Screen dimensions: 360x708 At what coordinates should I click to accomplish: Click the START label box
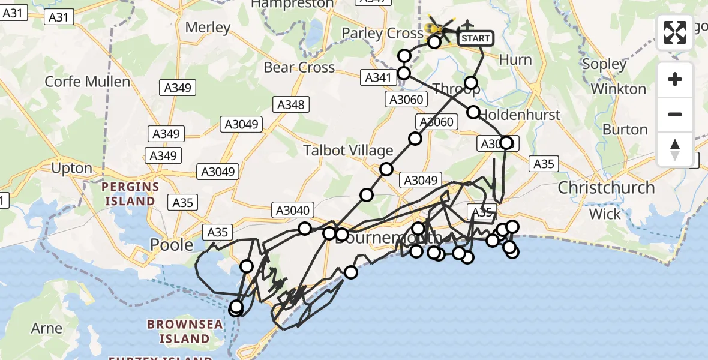click(476, 38)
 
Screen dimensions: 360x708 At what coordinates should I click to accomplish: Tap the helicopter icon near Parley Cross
click(437, 27)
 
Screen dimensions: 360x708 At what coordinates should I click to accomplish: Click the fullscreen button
click(675, 32)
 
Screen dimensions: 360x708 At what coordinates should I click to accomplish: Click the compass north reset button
click(675, 149)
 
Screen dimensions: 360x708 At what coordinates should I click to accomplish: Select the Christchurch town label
click(606, 188)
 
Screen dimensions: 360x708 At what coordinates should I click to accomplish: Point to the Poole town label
click(172, 245)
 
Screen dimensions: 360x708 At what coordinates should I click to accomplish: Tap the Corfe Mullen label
click(88, 82)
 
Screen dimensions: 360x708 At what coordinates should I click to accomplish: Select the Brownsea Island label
click(185, 332)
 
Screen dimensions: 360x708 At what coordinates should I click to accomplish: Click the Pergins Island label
click(130, 194)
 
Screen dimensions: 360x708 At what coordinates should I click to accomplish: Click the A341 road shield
click(379, 77)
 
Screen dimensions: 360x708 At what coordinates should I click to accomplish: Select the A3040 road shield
click(293, 210)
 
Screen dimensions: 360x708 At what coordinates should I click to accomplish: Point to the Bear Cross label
click(299, 67)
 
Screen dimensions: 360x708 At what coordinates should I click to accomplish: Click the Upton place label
click(72, 168)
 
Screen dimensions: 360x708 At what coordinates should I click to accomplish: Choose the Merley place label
click(208, 27)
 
